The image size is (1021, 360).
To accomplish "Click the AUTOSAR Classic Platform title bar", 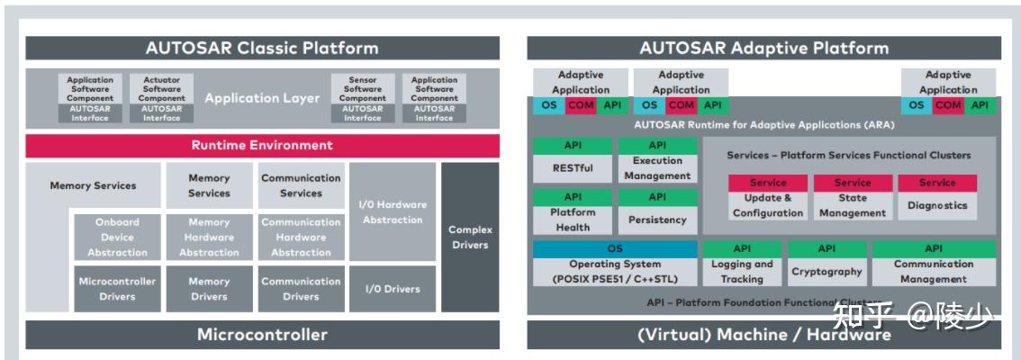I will click(x=262, y=49).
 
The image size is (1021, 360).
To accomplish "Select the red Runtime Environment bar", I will click(x=262, y=146).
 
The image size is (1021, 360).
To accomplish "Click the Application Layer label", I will click(x=262, y=98).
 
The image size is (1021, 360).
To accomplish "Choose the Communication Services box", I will click(x=301, y=185).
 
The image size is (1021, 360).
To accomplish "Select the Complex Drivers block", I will click(x=470, y=237).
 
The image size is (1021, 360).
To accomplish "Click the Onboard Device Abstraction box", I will click(x=117, y=238).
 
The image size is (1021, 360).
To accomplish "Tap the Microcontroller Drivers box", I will click(x=117, y=289).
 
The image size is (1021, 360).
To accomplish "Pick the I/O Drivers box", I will click(x=392, y=289).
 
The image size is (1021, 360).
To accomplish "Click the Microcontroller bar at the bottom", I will click(x=262, y=335).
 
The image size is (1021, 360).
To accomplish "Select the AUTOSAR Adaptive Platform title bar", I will click(x=763, y=49).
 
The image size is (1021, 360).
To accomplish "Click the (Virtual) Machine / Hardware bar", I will click(x=763, y=335).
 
